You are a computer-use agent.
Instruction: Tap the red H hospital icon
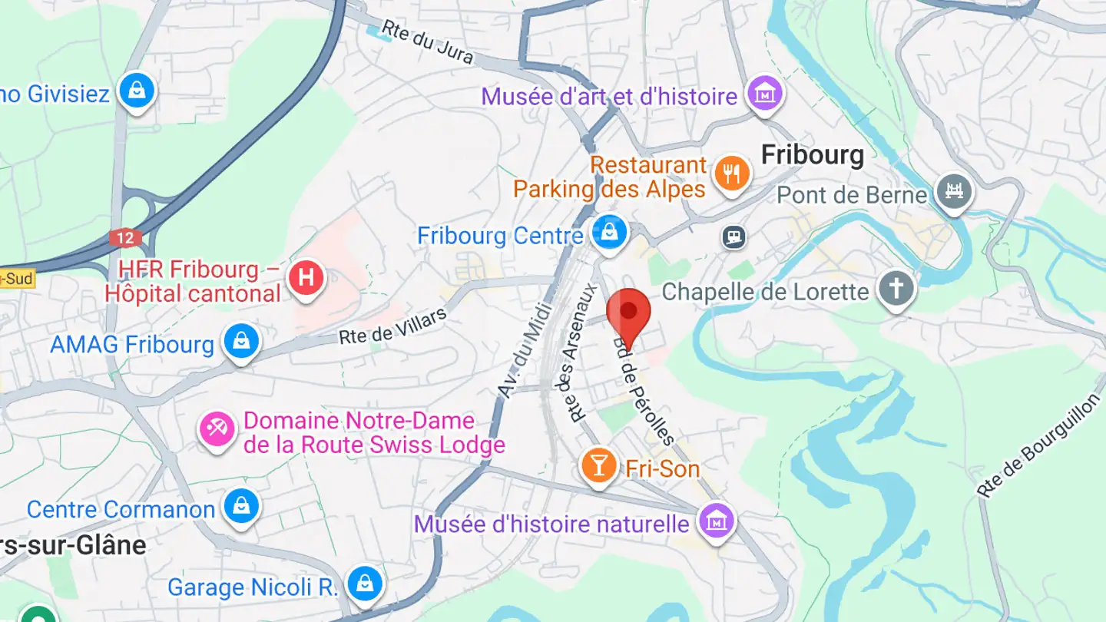click(306, 278)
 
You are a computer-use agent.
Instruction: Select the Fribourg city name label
click(812, 155)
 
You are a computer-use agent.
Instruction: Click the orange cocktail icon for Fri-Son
click(599, 465)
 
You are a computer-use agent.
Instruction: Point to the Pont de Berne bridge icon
click(954, 191)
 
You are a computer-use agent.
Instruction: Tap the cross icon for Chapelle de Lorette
click(896, 289)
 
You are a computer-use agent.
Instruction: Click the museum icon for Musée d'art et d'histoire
click(766, 94)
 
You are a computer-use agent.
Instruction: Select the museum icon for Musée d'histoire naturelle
click(716, 521)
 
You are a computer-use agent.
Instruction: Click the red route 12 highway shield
click(125, 238)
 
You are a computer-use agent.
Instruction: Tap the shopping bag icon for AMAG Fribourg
click(241, 341)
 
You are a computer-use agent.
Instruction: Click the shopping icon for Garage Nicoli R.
click(365, 585)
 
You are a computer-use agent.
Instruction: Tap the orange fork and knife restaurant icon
click(731, 174)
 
